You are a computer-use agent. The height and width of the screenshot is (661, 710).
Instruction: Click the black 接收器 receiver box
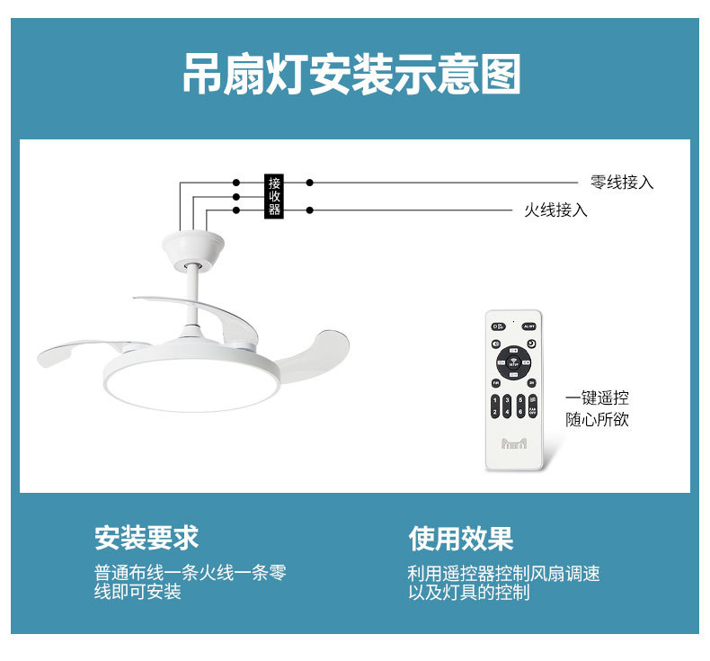(274, 196)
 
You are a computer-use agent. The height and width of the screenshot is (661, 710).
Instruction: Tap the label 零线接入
(622, 183)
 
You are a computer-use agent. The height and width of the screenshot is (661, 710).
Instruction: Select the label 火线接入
(555, 210)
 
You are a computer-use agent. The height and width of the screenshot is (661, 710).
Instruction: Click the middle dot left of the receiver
(236, 196)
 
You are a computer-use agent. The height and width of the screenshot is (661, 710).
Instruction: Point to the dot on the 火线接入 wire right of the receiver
(310, 210)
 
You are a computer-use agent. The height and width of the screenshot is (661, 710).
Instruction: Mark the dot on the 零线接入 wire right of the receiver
(310, 183)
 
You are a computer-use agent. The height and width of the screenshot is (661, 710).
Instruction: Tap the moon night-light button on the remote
(531, 344)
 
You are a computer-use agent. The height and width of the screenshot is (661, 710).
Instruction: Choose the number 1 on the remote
(496, 399)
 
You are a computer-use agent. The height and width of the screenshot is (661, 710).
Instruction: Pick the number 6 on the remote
(521, 412)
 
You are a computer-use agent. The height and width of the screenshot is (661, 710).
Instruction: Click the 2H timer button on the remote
(531, 383)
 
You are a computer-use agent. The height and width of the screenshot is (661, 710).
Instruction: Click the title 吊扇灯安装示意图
(351, 75)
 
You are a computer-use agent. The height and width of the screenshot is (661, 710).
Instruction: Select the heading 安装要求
(146, 538)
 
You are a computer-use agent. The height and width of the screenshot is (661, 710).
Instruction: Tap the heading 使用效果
(460, 538)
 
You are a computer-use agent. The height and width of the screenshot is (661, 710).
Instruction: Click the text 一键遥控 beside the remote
(597, 397)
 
